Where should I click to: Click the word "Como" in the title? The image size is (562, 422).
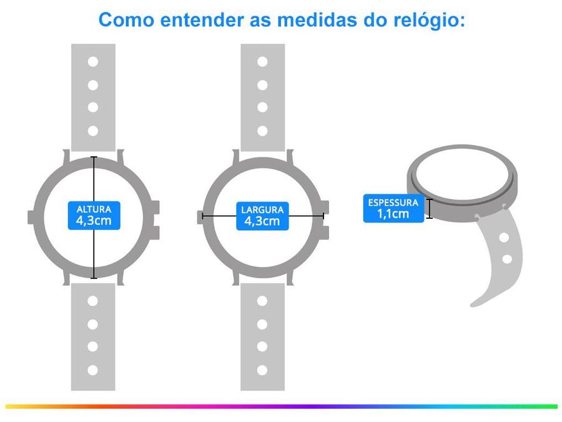point(126,20)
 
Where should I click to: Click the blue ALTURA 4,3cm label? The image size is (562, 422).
point(94,215)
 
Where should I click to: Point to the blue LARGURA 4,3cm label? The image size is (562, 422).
point(262,216)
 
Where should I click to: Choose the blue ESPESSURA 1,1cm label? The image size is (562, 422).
point(393,208)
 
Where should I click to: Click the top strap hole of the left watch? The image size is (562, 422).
point(93,62)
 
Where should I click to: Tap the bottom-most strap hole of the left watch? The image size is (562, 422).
point(92,370)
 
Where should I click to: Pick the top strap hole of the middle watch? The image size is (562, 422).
point(262,62)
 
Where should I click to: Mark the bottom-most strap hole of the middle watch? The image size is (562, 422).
point(262,370)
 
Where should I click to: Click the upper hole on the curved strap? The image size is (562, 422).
point(504,237)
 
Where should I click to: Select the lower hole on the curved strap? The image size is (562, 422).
point(507,259)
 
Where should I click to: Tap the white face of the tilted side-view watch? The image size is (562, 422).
point(462,172)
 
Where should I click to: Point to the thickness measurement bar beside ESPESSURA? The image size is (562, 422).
point(430,208)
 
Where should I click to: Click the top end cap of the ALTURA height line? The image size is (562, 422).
point(94,157)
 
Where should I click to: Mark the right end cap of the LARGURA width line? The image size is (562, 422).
point(323,216)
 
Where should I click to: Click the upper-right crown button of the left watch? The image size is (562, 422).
point(155,208)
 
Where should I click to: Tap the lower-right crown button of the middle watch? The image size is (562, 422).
point(324,233)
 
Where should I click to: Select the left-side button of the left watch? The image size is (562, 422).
point(31,218)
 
